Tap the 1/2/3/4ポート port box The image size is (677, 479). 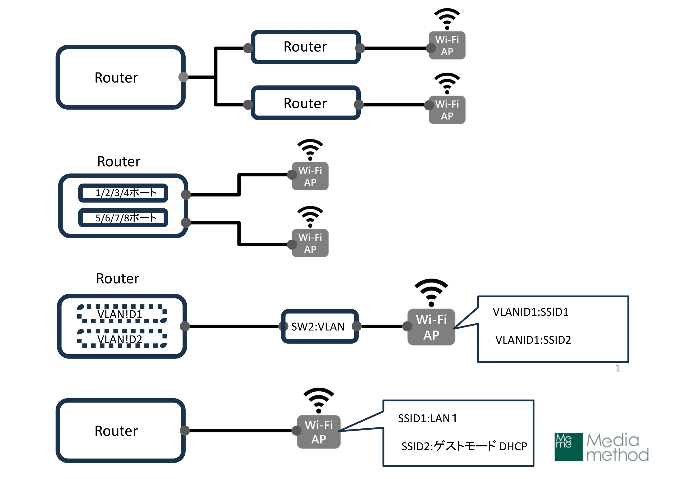pos(123,193)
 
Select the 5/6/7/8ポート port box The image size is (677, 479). pos(123,218)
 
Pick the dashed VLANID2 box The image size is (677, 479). pos(122,339)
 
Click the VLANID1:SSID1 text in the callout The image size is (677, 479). pos(530,312)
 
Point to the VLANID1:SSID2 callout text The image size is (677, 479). pos(533,340)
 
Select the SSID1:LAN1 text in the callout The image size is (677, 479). pos(428,418)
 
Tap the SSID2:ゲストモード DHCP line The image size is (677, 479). pos(464,446)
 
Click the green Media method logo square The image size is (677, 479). pos(568,447)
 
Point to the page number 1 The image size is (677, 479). pos(617,368)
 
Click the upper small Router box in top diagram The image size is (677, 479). pos(305,47)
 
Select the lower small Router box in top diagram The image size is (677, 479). pos(305,103)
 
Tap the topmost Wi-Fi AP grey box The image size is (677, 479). pos(447,46)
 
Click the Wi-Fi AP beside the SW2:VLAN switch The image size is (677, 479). pos(431,327)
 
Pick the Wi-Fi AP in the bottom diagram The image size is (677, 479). pos(319,432)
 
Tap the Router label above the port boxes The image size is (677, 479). pos(119,162)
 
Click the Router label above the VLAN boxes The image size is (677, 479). pos(118,279)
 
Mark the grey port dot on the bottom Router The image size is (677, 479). pos(185,431)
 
